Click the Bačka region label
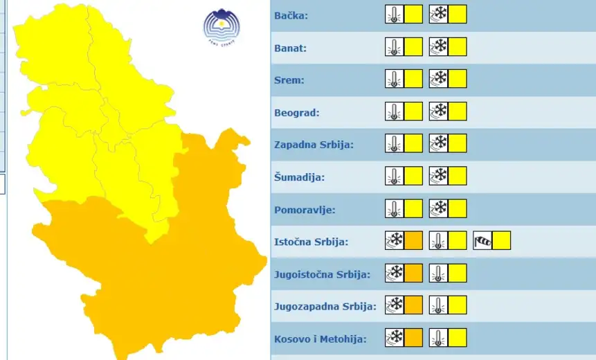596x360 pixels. tap(291, 15)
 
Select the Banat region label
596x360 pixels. tap(290, 48)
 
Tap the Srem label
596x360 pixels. tap(289, 80)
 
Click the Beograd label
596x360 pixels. tap(296, 112)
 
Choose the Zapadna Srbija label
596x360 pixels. tap(314, 145)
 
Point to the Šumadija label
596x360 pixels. tap(299, 177)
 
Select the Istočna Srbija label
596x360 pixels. tap(311, 242)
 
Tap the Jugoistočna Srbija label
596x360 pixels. tap(322, 274)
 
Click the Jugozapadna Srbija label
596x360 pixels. tap(325, 306)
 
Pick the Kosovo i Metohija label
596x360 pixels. tap(320, 339)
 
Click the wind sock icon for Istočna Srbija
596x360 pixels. tap(482, 241)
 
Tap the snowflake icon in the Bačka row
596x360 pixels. tap(438, 15)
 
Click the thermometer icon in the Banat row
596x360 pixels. tap(394, 47)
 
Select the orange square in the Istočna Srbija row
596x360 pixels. tap(413, 241)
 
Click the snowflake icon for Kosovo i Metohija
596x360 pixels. tap(395, 338)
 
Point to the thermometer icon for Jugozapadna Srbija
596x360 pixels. tap(438, 305)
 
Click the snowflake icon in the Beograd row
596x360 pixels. tap(438, 111)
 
